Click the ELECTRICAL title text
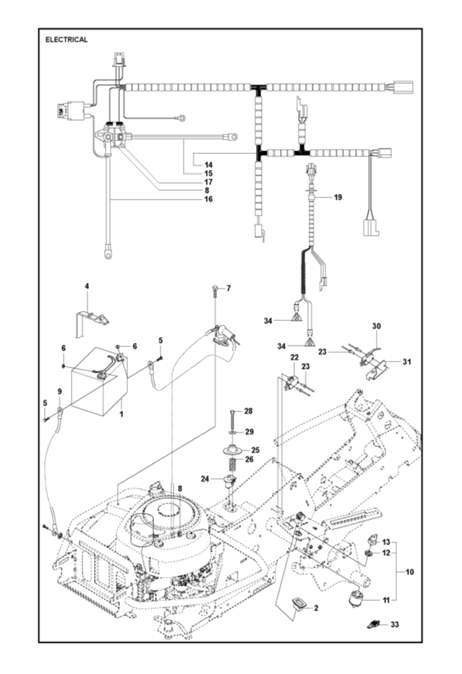tap(67, 40)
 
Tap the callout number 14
tap(208, 165)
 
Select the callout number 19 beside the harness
tap(338, 197)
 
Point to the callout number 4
tap(87, 286)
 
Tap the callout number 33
tap(395, 624)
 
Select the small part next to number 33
tap(373, 624)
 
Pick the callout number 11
tap(386, 600)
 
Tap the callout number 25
tap(255, 450)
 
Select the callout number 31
tap(406, 362)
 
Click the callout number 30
tap(377, 326)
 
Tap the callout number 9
tap(60, 391)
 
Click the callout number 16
tap(208, 199)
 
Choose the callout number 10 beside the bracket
tap(409, 572)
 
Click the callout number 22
tap(294, 357)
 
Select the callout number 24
tap(205, 479)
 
